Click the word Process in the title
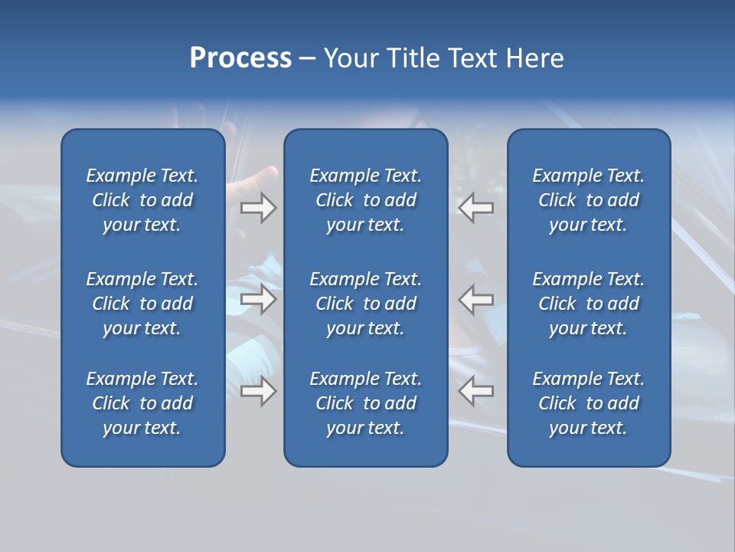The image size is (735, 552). [x=240, y=58]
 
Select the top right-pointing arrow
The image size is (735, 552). [x=258, y=208]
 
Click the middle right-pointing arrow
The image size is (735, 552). [x=258, y=299]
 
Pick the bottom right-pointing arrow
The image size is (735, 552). [x=258, y=391]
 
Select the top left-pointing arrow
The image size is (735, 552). [x=476, y=208]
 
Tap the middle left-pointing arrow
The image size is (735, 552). [x=476, y=299]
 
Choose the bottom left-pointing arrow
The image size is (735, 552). [x=476, y=391]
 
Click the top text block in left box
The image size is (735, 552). [x=142, y=200]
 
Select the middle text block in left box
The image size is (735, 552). [x=142, y=304]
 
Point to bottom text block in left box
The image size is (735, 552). [x=142, y=403]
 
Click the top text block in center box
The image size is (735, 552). [x=365, y=200]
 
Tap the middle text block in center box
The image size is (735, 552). [x=365, y=304]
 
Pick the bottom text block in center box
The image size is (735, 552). [x=365, y=403]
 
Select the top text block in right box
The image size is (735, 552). [x=588, y=200]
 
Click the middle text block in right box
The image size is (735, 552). [x=588, y=304]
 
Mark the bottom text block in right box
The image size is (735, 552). [x=588, y=403]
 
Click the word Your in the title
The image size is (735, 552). [x=349, y=58]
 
